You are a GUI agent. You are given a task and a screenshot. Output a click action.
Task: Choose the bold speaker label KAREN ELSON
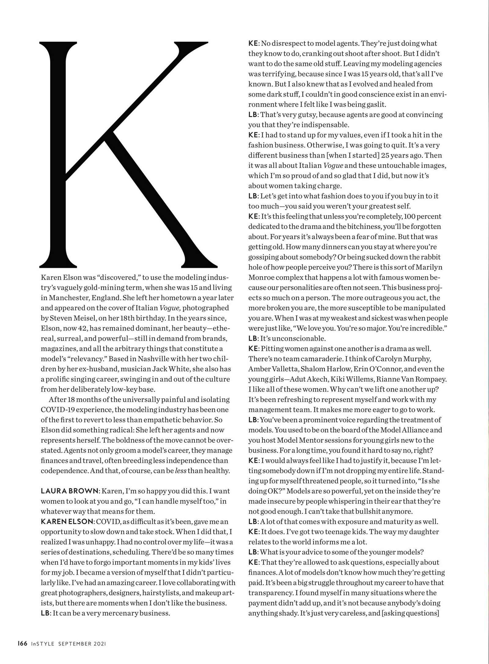[x=67, y=522]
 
